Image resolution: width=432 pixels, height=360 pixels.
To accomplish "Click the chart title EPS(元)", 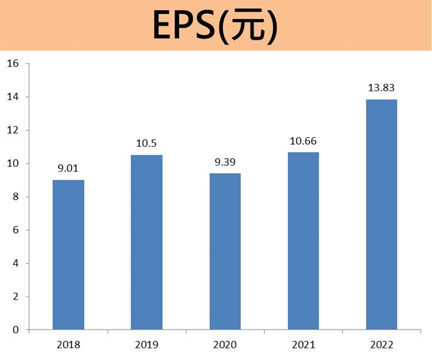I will click(216, 26).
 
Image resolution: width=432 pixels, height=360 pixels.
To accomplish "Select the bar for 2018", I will click(68, 255).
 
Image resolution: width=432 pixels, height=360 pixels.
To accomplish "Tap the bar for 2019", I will click(147, 242).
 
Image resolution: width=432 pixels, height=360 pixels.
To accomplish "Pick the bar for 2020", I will click(225, 252).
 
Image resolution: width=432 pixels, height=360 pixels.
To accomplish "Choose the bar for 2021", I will click(303, 241).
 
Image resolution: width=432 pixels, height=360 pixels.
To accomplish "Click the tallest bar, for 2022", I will click(382, 215).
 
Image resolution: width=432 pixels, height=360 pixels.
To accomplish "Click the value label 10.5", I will click(147, 142).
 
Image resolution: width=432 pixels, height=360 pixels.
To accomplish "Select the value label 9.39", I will click(225, 161).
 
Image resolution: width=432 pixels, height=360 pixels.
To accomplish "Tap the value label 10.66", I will click(303, 140).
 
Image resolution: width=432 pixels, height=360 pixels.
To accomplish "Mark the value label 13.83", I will click(382, 88).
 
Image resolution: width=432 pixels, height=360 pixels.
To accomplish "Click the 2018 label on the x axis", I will click(68, 344).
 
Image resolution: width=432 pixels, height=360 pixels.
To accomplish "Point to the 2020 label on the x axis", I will click(225, 344).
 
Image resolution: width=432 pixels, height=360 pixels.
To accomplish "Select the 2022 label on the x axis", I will click(382, 344).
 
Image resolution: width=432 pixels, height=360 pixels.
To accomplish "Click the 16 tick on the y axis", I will click(14, 64).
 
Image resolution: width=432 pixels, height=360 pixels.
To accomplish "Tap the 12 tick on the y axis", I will click(14, 131).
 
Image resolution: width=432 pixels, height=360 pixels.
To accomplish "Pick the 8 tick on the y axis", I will click(16, 197).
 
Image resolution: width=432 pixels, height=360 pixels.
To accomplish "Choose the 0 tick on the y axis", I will click(16, 330).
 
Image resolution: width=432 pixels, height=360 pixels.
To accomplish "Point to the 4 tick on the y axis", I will click(16, 264).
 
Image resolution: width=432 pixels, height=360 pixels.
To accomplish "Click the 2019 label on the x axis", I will click(147, 344).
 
